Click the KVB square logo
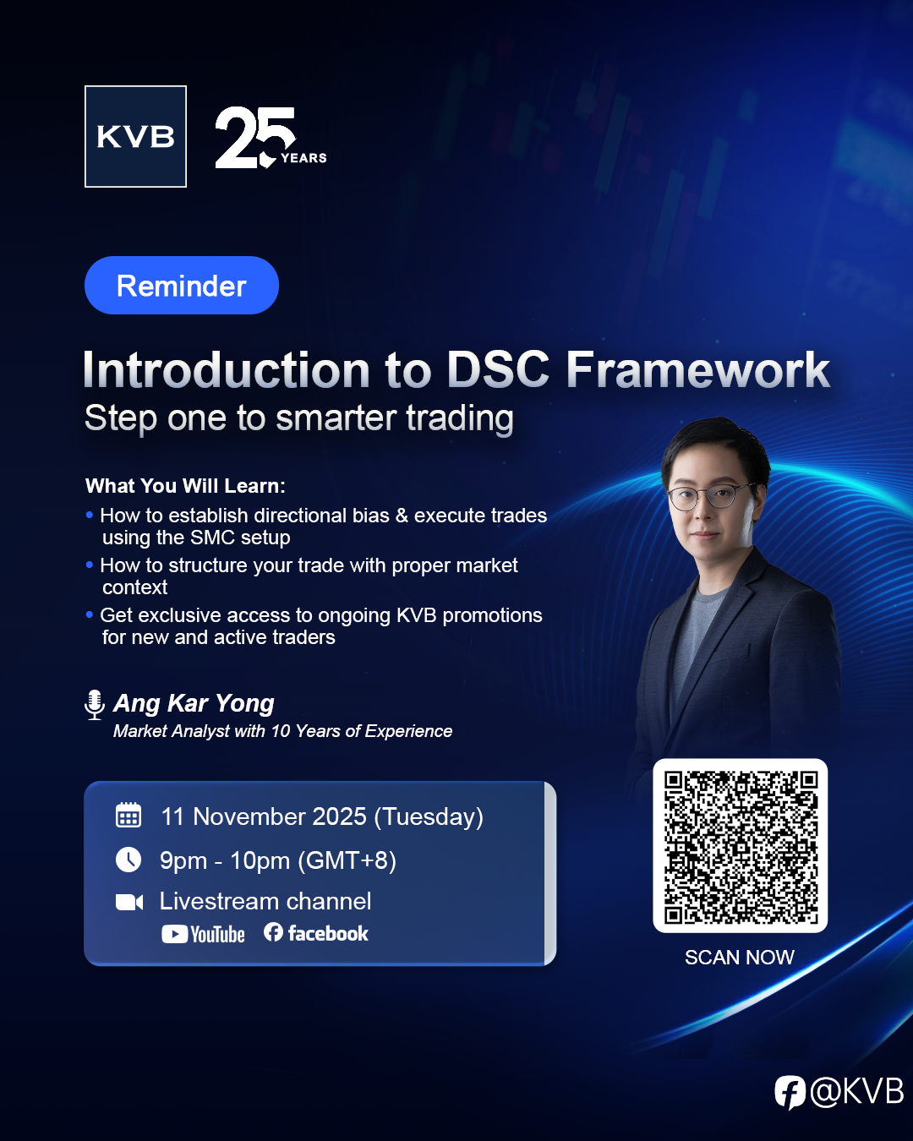coord(135,136)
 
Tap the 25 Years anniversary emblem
coord(271,137)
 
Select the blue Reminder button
coord(182,286)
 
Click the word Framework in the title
coord(697,369)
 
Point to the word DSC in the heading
coord(498,369)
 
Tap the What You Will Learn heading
coord(185,486)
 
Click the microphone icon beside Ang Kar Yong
coord(95,705)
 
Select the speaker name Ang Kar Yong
coord(194,704)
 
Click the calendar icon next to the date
coord(128,815)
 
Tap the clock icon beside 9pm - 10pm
coord(128,860)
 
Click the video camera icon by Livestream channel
coord(129,902)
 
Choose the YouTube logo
coord(203,934)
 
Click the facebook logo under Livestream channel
coord(315,933)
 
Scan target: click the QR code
coord(740,846)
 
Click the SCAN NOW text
coord(740,958)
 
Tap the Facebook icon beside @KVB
coord(790,1092)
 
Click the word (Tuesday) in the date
coord(429,817)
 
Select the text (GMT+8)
coord(347,860)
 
